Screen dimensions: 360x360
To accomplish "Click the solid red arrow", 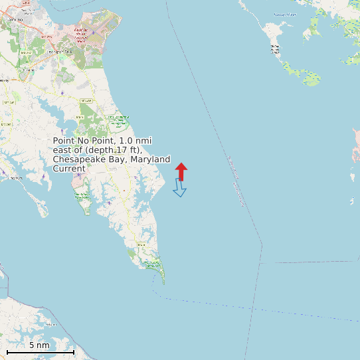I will (181, 170).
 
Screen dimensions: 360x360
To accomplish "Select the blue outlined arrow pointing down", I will (179, 189).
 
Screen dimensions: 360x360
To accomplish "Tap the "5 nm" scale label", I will (39, 345).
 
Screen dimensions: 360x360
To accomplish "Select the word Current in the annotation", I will (69, 169).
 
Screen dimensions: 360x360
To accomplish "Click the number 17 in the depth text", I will (121, 150).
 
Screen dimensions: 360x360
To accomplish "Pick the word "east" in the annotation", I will (62, 150).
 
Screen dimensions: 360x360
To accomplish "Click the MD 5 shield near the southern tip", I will (141, 244).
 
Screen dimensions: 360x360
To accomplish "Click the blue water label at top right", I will (284, 14).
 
